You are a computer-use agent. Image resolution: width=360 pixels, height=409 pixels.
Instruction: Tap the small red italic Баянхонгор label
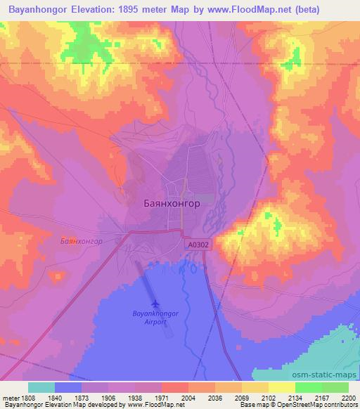[82, 240]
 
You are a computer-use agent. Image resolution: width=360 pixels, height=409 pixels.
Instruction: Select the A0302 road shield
[198, 245]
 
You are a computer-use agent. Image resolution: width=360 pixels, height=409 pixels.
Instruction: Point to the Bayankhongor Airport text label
[155, 317]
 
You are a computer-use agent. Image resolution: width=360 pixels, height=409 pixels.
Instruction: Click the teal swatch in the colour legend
[41, 387]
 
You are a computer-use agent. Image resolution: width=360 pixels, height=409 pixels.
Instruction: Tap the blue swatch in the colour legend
[68, 387]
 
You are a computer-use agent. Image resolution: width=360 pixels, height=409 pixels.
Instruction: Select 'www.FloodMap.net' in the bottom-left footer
[155, 405]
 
